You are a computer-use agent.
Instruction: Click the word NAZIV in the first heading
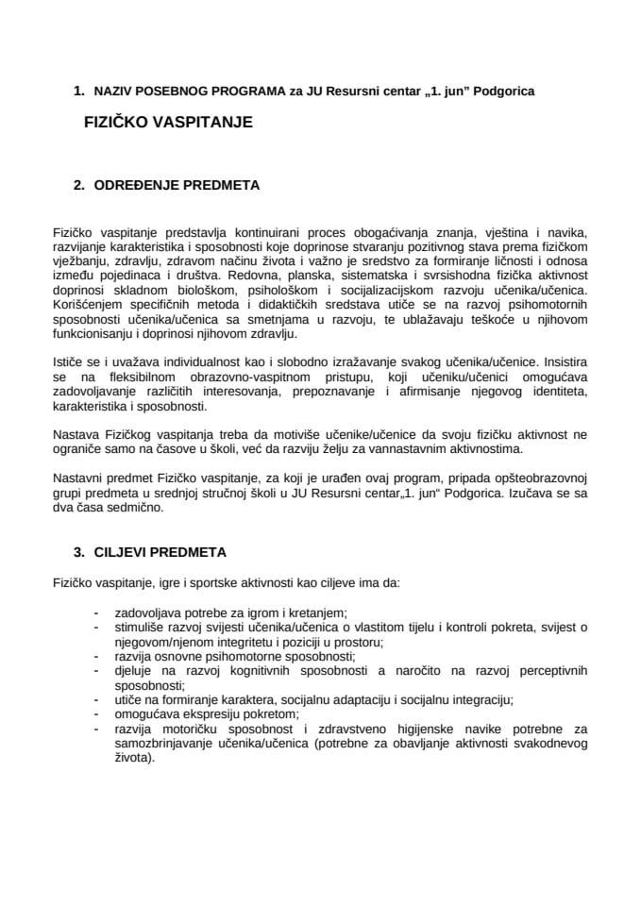pyautogui.click(x=112, y=92)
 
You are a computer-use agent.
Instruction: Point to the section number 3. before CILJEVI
pyautogui.click(x=79, y=550)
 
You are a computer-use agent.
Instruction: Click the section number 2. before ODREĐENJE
pyautogui.click(x=79, y=186)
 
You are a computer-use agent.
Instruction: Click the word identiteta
pyautogui.click(x=556, y=391)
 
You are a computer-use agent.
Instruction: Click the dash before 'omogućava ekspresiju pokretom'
pyautogui.click(x=96, y=715)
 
